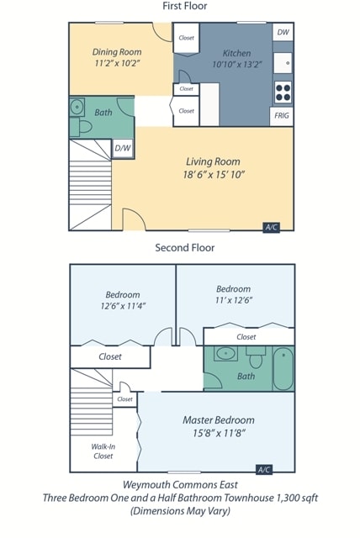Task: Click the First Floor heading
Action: click(184, 7)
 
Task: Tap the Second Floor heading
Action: click(184, 248)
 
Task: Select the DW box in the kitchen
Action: click(283, 32)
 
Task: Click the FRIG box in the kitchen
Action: click(283, 115)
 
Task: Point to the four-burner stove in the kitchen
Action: click(283, 90)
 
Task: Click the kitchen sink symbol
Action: click(283, 61)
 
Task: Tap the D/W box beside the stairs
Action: click(122, 148)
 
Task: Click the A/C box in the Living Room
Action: click(272, 227)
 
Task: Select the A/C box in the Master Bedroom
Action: click(264, 469)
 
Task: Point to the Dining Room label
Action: click(117, 52)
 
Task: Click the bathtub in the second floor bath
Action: click(283, 368)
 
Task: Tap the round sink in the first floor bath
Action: click(77, 107)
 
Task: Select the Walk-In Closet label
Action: click(103, 451)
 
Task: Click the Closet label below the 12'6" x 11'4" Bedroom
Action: click(109, 356)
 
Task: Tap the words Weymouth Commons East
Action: click(180, 485)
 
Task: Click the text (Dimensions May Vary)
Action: click(180, 510)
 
